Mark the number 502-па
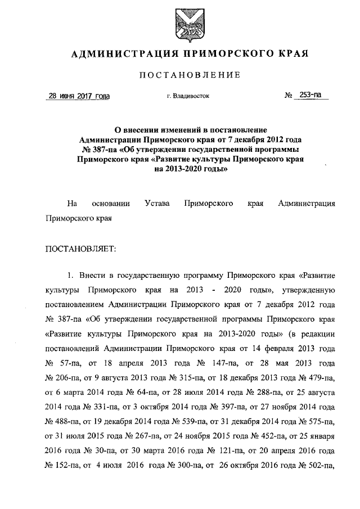tap(322, 466)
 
